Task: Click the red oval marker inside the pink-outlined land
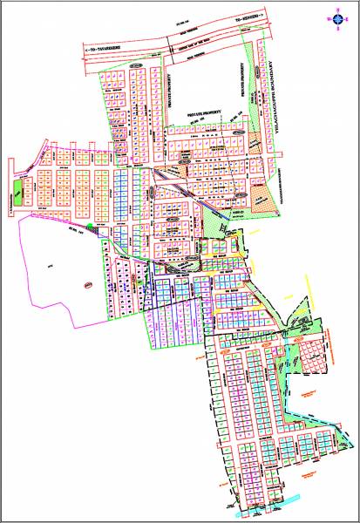(x=87, y=283)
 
